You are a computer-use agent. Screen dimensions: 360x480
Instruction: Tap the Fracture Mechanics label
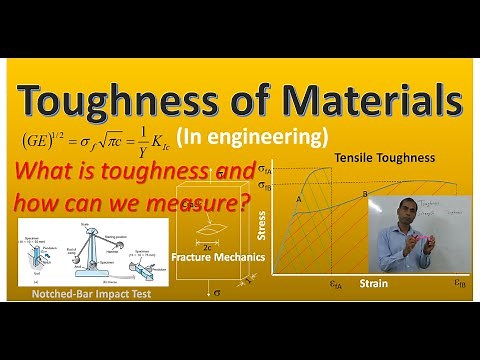[x=213, y=255]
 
